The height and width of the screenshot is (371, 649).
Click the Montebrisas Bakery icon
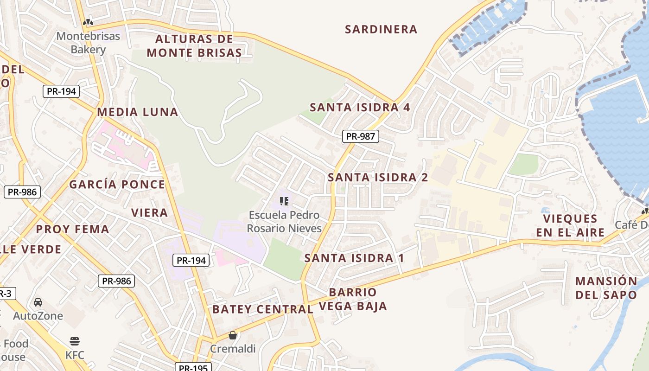pyautogui.click(x=88, y=22)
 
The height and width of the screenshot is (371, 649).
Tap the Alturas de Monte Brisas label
pyautogui.click(x=194, y=46)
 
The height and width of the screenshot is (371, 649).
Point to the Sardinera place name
pyautogui.click(x=381, y=30)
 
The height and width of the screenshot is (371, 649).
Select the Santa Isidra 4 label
pyautogui.click(x=360, y=108)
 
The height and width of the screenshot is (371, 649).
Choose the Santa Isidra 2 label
pyautogui.click(x=378, y=177)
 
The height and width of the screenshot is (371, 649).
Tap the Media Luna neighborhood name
pyautogui.click(x=137, y=112)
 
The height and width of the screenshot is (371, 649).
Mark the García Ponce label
pyautogui.click(x=117, y=185)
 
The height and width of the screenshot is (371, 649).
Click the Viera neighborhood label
pyautogui.click(x=149, y=213)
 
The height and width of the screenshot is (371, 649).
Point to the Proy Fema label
pyautogui.click(x=72, y=229)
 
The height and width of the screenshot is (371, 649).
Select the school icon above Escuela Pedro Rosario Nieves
pyautogui.click(x=284, y=201)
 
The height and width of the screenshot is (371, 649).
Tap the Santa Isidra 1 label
pyautogui.click(x=354, y=258)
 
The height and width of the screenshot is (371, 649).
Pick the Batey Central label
pyautogui.click(x=262, y=309)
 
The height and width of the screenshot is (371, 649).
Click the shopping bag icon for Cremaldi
pyautogui.click(x=233, y=335)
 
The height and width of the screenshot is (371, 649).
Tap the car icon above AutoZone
pyautogui.click(x=38, y=302)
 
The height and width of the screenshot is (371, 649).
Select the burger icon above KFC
pyautogui.click(x=75, y=342)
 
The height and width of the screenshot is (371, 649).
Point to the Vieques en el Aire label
pyautogui.click(x=570, y=225)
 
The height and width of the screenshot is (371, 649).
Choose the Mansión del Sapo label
pyautogui.click(x=606, y=288)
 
